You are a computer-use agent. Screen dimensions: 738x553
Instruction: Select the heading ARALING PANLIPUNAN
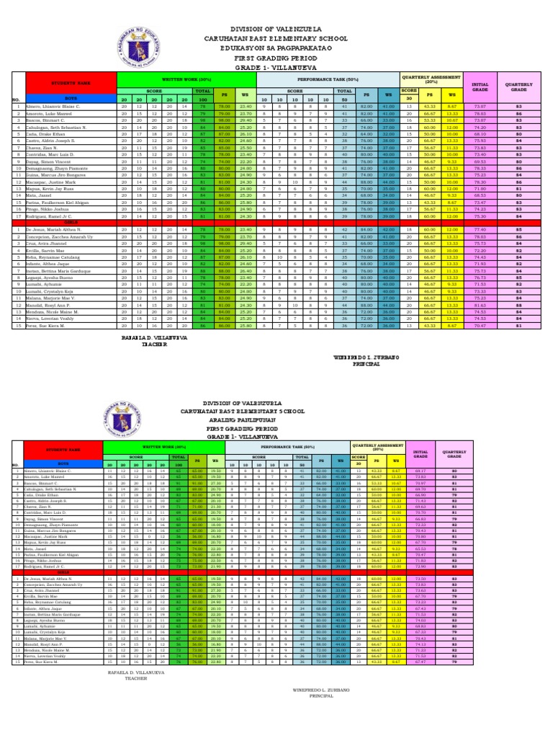pos(276,418)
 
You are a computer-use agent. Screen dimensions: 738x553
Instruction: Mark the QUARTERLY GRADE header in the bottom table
pos(454,455)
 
